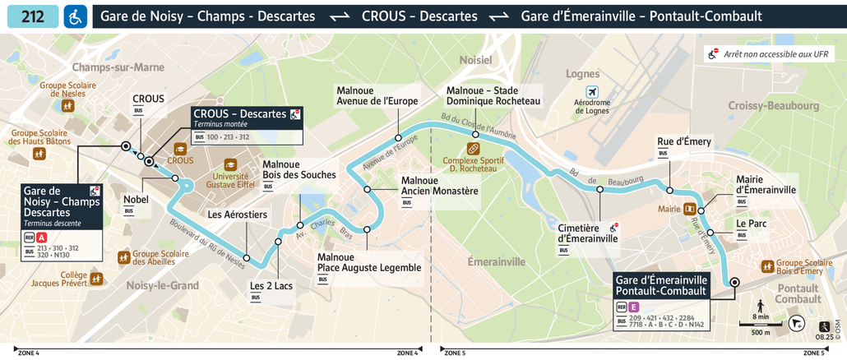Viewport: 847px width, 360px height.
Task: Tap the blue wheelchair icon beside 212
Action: pyautogui.click(x=76, y=16)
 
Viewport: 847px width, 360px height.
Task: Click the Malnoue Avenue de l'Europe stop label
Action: pyautogui.click(x=377, y=95)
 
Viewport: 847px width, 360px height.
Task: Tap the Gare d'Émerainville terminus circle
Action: pyautogui.click(x=734, y=282)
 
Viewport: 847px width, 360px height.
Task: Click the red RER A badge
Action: pyautogui.click(x=43, y=238)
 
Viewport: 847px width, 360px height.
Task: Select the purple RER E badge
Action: pyautogui.click(x=634, y=307)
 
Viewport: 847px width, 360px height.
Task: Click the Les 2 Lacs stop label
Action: pyautogui.click(x=271, y=286)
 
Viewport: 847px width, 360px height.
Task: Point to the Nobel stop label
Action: pyautogui.click(x=136, y=200)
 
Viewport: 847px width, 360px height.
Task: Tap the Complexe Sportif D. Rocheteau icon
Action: pyautogui.click(x=473, y=149)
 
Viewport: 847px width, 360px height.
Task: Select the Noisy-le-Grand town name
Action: pyautogui.click(x=163, y=286)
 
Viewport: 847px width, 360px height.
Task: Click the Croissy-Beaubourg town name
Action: pyautogui.click(x=773, y=106)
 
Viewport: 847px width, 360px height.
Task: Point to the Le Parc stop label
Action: pyautogui.click(x=751, y=223)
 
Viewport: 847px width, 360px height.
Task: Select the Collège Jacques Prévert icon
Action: pyautogui.click(x=96, y=279)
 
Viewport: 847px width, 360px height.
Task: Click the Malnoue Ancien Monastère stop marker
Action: pyautogui.click(x=367, y=190)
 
